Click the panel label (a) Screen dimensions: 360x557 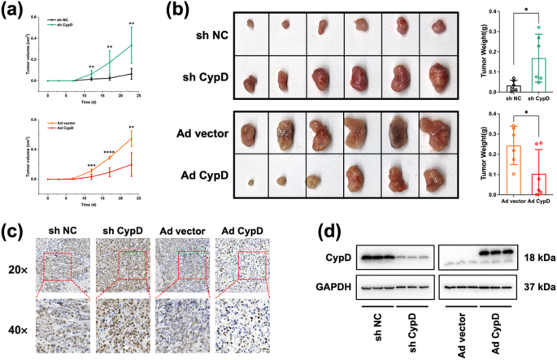coord(15,11)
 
